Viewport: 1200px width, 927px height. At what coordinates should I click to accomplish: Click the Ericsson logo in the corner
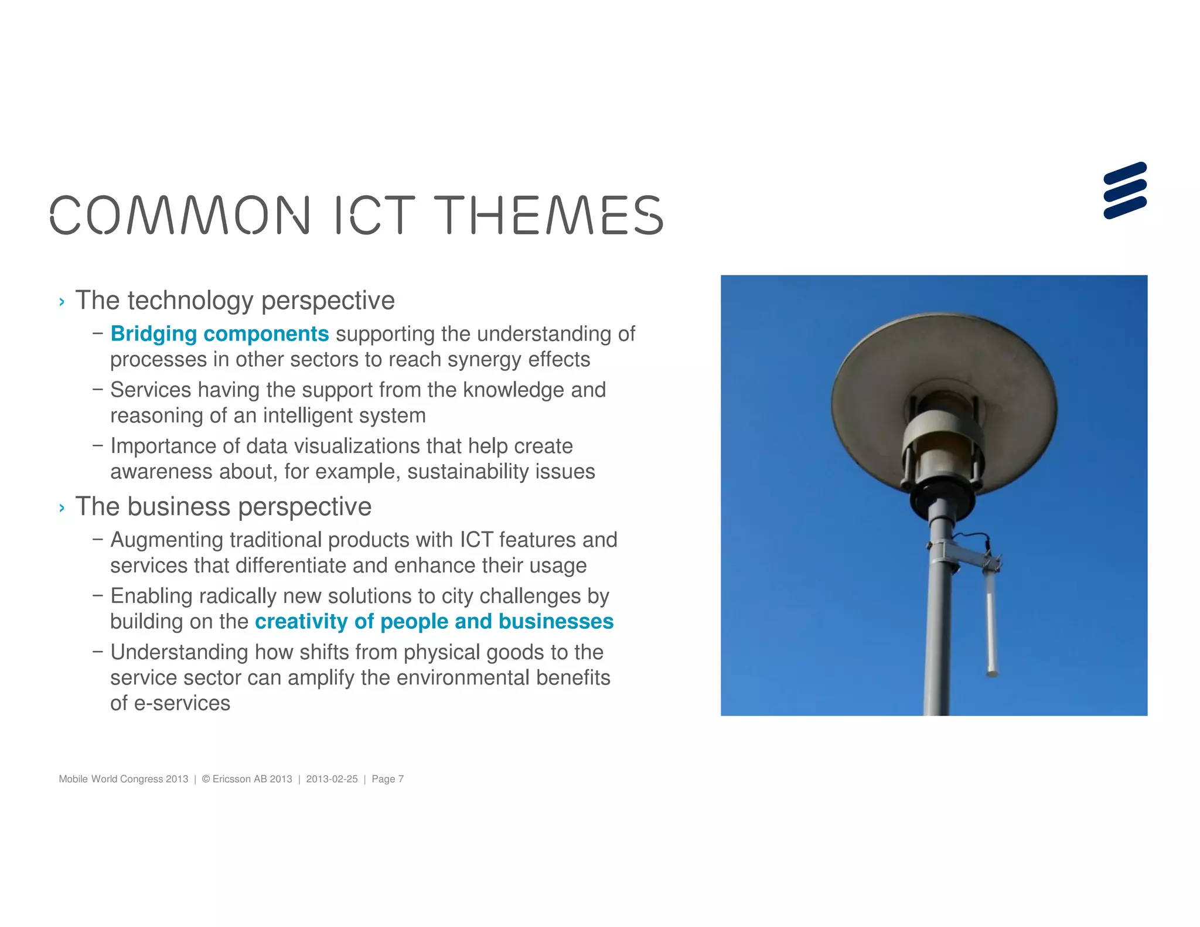point(1124,190)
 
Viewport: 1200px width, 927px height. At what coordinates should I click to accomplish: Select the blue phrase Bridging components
point(220,333)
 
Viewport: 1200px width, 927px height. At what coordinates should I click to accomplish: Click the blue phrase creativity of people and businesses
point(434,621)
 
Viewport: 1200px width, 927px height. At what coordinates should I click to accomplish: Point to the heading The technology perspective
point(235,301)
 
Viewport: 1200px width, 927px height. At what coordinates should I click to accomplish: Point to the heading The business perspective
point(223,507)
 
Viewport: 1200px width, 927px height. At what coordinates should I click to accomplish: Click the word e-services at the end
point(182,703)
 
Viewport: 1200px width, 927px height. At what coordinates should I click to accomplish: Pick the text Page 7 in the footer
point(387,779)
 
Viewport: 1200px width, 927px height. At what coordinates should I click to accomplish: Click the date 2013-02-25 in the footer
point(332,779)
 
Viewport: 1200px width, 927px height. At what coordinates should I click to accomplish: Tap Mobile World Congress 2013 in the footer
point(124,779)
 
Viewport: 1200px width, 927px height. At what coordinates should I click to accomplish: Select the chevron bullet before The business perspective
point(62,507)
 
